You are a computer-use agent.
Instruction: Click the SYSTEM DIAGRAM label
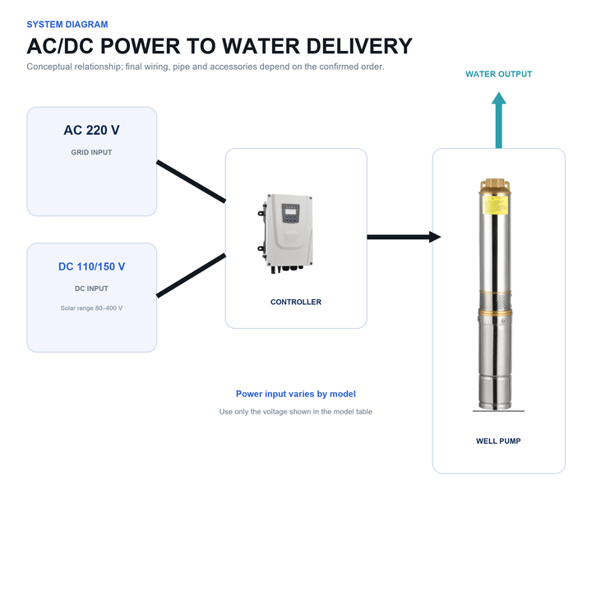pyautogui.click(x=67, y=25)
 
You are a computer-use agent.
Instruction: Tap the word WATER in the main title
pyautogui.click(x=261, y=46)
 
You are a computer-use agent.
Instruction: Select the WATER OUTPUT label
pyautogui.click(x=498, y=74)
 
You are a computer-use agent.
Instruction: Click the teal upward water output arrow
pyautogui.click(x=499, y=120)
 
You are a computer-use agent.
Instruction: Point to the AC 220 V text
pyautogui.click(x=91, y=130)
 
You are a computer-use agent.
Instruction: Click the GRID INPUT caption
pyautogui.click(x=91, y=153)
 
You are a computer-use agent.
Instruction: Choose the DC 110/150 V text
pyautogui.click(x=91, y=266)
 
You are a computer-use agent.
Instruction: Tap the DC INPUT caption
pyautogui.click(x=91, y=289)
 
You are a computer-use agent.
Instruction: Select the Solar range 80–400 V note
pyautogui.click(x=91, y=308)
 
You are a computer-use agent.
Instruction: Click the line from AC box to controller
pyautogui.click(x=191, y=181)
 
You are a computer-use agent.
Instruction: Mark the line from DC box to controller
pyautogui.click(x=191, y=275)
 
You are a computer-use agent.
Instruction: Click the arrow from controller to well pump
pyautogui.click(x=404, y=237)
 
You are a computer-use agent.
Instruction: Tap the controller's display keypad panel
pyautogui.click(x=290, y=213)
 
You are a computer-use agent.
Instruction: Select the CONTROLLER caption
pyautogui.click(x=296, y=302)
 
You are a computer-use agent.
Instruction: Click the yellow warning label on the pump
pyautogui.click(x=495, y=205)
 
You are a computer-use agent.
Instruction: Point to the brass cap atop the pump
pyautogui.click(x=495, y=186)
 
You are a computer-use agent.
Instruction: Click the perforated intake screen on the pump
pyautogui.click(x=495, y=302)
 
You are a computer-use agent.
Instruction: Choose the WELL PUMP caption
pyautogui.click(x=498, y=442)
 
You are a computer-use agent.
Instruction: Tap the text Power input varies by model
pyautogui.click(x=296, y=394)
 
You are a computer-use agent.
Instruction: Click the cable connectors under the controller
pyautogui.click(x=287, y=269)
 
